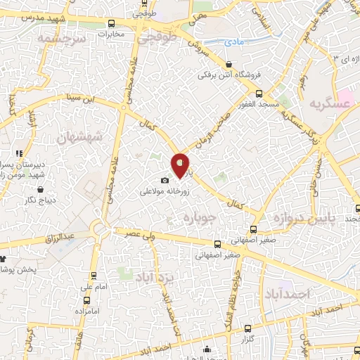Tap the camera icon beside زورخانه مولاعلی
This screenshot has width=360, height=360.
click(x=165, y=181)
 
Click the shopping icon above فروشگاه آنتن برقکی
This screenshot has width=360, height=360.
click(x=223, y=63)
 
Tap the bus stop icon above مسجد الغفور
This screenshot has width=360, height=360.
click(x=259, y=94)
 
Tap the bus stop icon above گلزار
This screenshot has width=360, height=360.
click(x=245, y=328)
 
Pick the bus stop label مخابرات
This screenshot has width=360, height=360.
click(x=110, y=34)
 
